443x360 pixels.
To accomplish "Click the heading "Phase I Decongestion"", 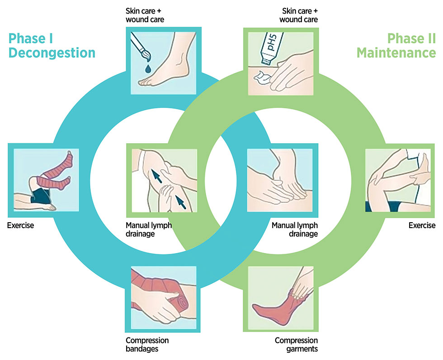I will [x=52, y=46].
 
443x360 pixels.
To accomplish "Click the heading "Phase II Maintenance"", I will [x=396, y=46].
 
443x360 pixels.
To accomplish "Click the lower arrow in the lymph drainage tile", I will [x=180, y=202].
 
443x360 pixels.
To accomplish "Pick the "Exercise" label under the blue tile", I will [x=20, y=225].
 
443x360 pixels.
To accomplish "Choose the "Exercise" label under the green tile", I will [x=422, y=225].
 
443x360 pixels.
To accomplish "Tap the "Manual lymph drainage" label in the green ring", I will [x=295, y=229].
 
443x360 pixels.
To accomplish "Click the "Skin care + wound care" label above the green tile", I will [x=298, y=15].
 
